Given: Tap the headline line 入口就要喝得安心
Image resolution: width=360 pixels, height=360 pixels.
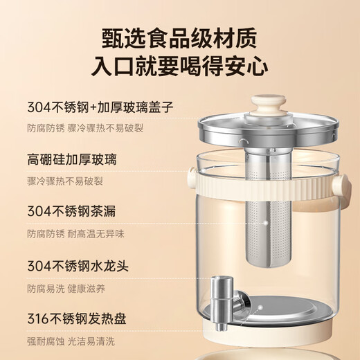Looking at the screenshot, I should click(180, 67).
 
